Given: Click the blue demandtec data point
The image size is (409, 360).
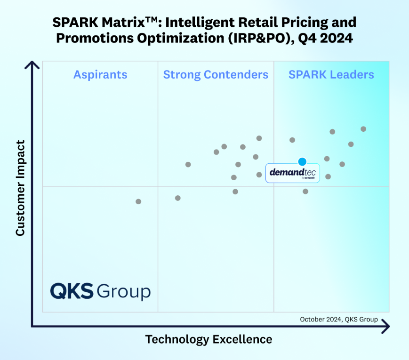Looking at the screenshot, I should [302, 162].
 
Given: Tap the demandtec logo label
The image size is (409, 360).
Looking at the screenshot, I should [292, 173].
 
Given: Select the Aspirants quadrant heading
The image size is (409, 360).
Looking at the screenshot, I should [100, 74].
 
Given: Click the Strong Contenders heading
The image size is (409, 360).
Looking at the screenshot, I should [216, 74].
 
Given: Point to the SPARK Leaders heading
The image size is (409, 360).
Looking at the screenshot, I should [331, 74].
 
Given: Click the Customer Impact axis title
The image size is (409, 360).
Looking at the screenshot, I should [20, 188].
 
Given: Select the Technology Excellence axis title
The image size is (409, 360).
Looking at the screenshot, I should [209, 339].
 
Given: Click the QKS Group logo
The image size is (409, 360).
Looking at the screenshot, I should [100, 291].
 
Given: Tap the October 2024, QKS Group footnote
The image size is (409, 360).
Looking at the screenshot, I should [339, 319].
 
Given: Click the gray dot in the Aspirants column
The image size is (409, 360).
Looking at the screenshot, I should [138, 201].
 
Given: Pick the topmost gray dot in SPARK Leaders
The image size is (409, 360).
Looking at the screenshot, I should [363, 129].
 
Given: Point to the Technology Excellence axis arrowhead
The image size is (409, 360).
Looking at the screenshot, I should [386, 325].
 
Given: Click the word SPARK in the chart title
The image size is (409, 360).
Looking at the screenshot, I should [71, 22].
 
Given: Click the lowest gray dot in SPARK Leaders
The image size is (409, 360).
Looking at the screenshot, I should [305, 192].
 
